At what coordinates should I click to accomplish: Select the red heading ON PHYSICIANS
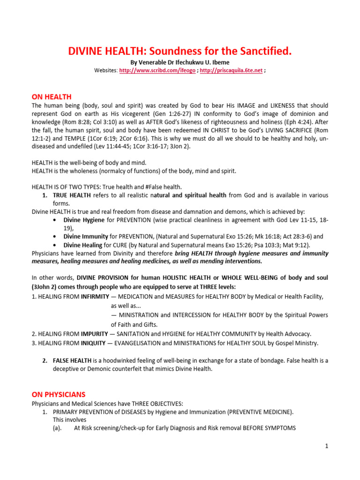point(59,395)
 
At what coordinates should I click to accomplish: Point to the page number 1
point(327,446)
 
